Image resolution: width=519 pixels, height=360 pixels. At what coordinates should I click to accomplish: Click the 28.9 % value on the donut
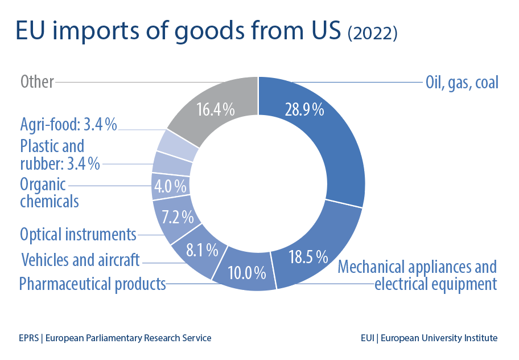pyautogui.click(x=304, y=109)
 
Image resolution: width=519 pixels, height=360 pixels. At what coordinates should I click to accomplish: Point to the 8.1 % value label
pyautogui.click(x=202, y=249)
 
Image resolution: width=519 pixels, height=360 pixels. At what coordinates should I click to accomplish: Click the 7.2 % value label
pyautogui.click(x=178, y=217)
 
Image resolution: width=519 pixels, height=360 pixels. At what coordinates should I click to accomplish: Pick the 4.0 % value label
pyautogui.click(x=171, y=186)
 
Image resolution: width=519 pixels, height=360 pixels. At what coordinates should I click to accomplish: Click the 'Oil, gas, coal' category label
pyautogui.click(x=462, y=83)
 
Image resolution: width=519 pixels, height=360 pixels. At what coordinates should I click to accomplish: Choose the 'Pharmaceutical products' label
pyautogui.click(x=92, y=283)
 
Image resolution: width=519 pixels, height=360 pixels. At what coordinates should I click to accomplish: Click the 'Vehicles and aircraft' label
pyautogui.click(x=80, y=260)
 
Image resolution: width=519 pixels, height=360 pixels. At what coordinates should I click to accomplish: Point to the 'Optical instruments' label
pyautogui.click(x=78, y=234)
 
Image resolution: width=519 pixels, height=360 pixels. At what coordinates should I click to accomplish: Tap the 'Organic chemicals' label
pyautogui.click(x=49, y=193)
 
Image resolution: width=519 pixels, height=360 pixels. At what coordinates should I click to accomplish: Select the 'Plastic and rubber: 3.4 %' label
pyautogui.click(x=60, y=155)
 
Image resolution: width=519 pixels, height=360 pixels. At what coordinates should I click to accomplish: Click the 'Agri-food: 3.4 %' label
pyautogui.click(x=68, y=124)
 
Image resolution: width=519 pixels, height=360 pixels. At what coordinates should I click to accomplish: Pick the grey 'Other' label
pyautogui.click(x=37, y=82)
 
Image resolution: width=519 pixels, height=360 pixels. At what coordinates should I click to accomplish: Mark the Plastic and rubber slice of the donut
pyautogui.click(x=172, y=163)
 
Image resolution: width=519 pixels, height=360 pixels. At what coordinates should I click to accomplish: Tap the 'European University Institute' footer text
pyautogui.click(x=439, y=338)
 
